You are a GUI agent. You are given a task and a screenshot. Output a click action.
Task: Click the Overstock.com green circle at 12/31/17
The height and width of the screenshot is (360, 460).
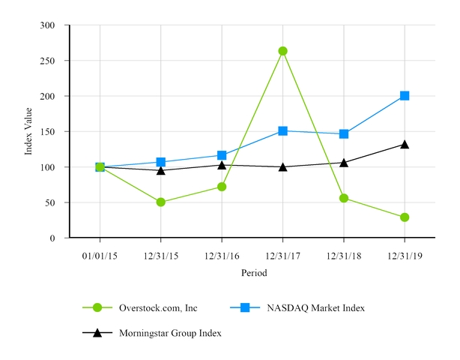(282, 51)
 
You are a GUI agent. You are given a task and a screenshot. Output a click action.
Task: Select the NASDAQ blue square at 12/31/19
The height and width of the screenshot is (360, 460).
(405, 96)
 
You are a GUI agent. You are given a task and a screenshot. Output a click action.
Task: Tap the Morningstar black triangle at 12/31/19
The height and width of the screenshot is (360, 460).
(405, 144)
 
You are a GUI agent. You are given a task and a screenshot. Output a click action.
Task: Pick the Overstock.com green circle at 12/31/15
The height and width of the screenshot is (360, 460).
(161, 202)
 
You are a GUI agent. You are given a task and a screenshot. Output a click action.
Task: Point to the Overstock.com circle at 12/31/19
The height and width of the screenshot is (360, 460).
(405, 217)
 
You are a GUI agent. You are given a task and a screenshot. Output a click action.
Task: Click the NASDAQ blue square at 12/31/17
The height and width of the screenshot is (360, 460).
(282, 130)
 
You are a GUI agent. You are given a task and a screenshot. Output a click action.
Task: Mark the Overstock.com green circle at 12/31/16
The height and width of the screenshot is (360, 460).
(222, 187)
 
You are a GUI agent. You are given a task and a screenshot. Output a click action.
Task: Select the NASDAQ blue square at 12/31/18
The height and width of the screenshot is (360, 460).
(344, 133)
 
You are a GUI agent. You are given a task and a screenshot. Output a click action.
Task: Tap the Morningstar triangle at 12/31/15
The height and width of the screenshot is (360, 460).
(161, 170)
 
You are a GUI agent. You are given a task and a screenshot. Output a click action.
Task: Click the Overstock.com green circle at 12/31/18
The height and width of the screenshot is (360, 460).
(344, 198)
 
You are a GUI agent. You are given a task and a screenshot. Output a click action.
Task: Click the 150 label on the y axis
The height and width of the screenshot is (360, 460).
(49, 132)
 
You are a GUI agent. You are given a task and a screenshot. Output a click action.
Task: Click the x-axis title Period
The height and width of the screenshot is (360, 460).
(253, 274)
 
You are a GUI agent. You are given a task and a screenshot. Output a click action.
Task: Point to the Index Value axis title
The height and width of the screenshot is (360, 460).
(29, 132)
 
